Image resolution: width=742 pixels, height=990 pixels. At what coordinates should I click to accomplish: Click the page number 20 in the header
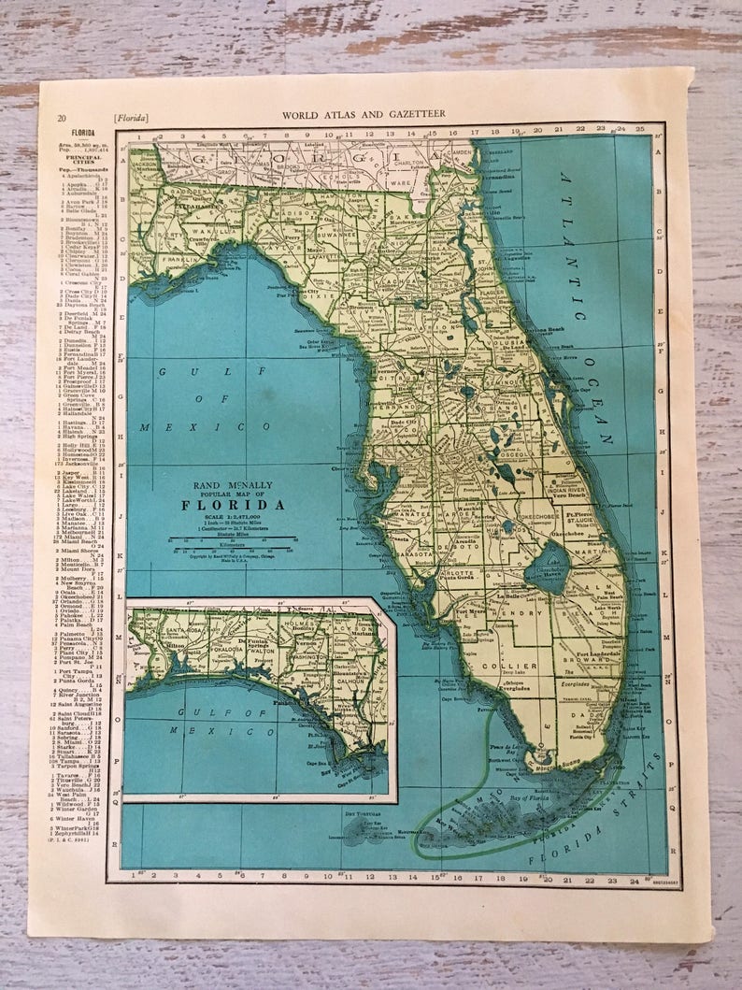(x=61, y=117)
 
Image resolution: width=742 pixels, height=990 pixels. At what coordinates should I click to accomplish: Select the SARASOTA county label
(x=417, y=553)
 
